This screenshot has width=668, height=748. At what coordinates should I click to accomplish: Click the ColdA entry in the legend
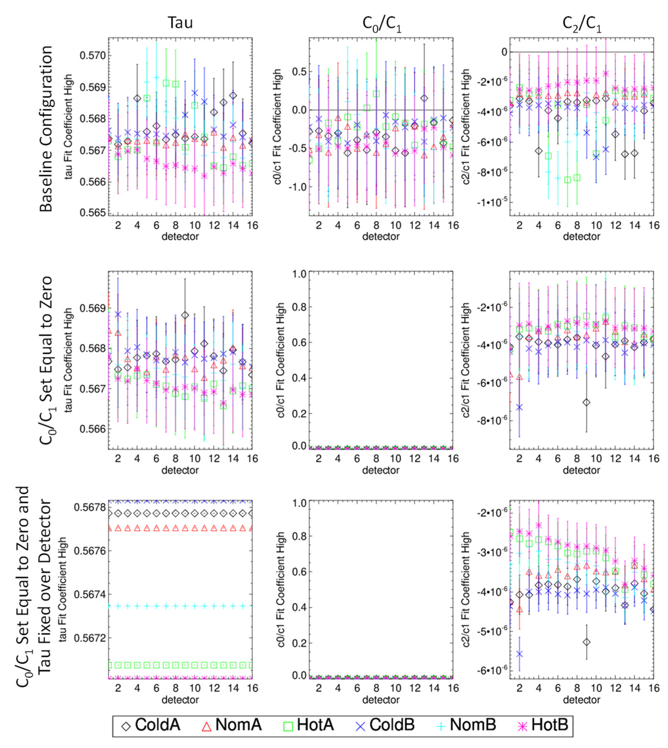coord(151,725)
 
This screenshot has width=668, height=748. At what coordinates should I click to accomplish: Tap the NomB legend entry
coord(466,725)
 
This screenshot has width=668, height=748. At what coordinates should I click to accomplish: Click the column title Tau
coord(180,23)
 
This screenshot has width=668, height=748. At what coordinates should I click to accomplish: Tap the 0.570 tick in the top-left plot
coord(93,56)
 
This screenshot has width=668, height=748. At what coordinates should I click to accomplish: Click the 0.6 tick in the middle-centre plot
coord(299,342)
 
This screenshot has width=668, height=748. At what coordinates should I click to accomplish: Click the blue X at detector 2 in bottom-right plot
coord(519,654)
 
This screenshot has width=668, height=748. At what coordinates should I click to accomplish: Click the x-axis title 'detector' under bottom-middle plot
coord(381,700)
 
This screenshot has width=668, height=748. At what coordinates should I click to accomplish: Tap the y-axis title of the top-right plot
coord(466,127)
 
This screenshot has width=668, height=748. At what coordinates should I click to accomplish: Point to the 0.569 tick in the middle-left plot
coord(93,308)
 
